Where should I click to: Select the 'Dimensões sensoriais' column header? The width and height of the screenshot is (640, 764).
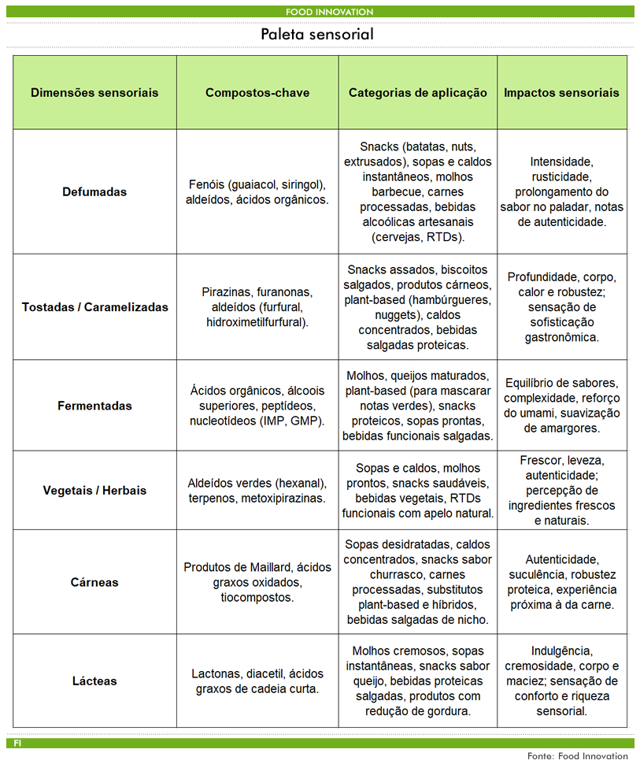click(x=94, y=92)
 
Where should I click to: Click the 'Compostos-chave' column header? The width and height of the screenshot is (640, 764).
click(x=257, y=92)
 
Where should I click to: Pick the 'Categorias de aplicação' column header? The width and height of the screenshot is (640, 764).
click(x=418, y=92)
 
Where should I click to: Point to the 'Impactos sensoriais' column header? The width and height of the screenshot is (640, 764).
click(x=561, y=92)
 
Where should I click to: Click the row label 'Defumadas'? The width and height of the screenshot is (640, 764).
click(x=94, y=191)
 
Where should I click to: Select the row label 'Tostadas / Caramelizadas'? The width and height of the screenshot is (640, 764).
click(x=94, y=307)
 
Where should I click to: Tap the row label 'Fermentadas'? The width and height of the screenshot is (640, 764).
click(x=94, y=406)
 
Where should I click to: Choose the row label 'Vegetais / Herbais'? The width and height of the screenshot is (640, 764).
click(x=94, y=490)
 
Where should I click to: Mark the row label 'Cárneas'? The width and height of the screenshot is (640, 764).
click(x=94, y=582)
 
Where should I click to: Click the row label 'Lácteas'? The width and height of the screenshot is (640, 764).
click(x=94, y=681)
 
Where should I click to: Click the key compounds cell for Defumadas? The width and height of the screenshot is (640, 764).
click(x=257, y=191)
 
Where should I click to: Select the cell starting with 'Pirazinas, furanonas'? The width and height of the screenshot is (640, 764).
click(x=257, y=307)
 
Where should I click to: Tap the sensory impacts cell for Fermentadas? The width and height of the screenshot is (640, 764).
click(x=561, y=406)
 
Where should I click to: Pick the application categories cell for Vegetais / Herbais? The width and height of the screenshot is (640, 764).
click(x=418, y=490)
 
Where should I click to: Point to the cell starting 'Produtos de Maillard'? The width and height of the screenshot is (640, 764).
click(x=257, y=582)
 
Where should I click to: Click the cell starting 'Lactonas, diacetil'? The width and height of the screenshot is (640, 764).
click(x=257, y=681)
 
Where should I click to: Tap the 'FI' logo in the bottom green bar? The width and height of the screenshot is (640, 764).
click(x=17, y=743)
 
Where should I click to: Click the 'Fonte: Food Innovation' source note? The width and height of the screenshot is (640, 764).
click(x=577, y=756)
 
